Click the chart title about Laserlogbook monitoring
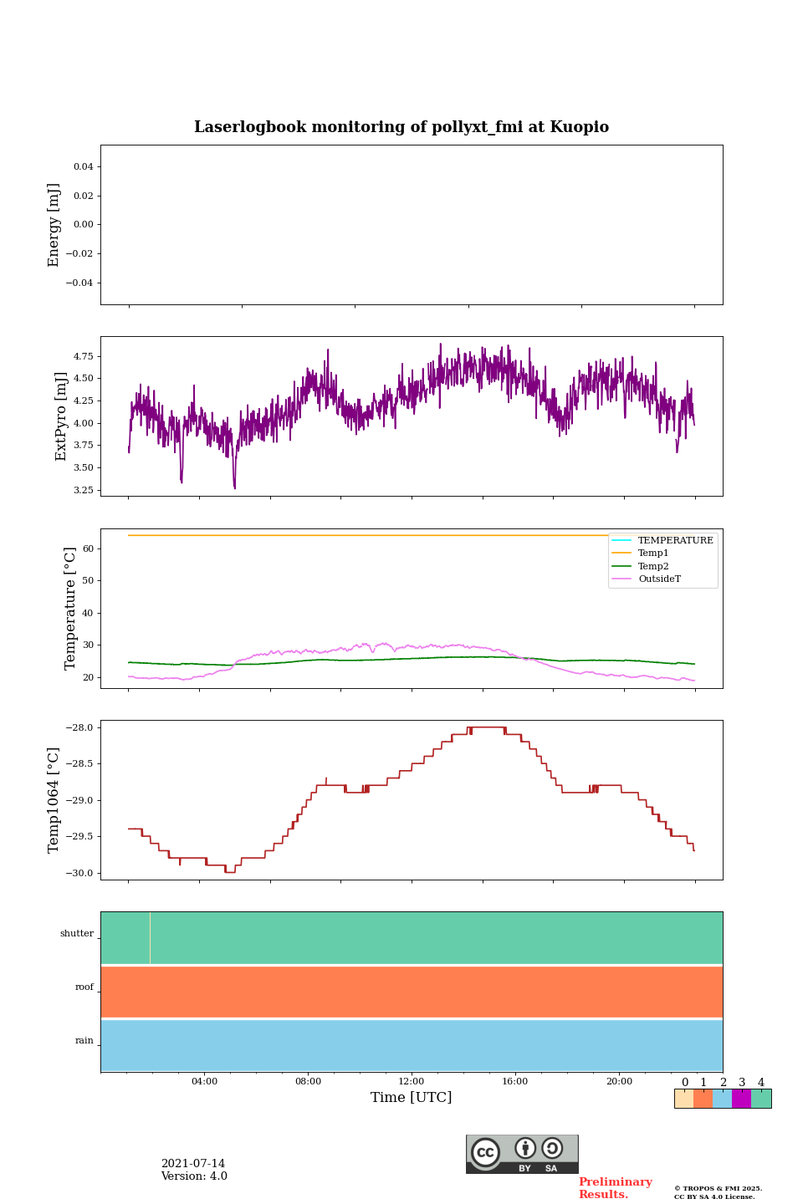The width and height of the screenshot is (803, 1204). (401, 127)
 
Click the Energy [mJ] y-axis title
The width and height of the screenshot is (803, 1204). (54, 225)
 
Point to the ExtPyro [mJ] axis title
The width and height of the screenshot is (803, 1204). (61, 416)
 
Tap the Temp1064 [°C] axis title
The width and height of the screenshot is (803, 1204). (54, 800)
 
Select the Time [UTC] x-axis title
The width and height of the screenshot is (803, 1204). (411, 1097)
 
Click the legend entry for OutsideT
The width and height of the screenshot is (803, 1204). (659, 579)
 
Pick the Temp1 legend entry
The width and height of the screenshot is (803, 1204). (653, 554)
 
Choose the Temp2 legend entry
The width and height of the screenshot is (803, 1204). (653, 566)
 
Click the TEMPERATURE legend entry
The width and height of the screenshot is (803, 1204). (675, 540)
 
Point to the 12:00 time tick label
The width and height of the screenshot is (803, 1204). (411, 1082)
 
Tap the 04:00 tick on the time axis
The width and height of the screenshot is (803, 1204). (204, 1082)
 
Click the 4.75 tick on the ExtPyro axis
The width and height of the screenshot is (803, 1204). (83, 356)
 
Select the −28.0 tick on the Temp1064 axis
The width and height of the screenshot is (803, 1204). (79, 727)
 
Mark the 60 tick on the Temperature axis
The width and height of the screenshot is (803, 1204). (88, 548)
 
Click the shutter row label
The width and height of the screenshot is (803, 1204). (77, 934)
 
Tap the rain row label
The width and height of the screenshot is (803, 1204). (84, 1041)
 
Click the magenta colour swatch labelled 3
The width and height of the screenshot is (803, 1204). (741, 1099)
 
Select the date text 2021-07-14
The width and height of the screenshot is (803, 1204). (193, 1164)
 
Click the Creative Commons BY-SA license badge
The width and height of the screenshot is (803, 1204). (522, 1154)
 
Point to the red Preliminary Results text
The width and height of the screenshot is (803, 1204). (615, 1188)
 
